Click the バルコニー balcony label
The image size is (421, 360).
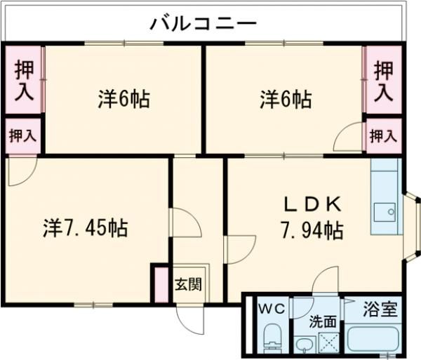pos(203,23)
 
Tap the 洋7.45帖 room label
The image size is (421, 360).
pos(86,228)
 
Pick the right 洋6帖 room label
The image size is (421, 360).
pos(286,100)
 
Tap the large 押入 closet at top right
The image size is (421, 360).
pos(383,80)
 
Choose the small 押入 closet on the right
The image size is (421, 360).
pos(383,135)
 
